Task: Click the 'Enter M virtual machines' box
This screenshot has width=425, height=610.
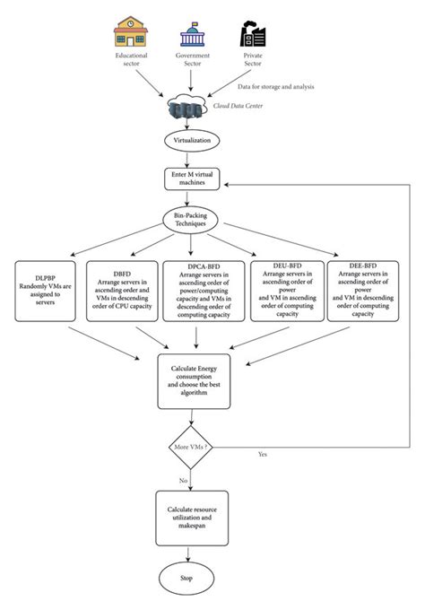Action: tap(192, 179)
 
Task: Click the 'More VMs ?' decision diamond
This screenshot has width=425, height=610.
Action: tap(192, 445)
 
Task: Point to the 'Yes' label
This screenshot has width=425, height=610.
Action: tap(262, 455)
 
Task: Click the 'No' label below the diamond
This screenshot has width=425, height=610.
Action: tap(183, 481)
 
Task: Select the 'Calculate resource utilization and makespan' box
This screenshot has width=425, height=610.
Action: tap(192, 518)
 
